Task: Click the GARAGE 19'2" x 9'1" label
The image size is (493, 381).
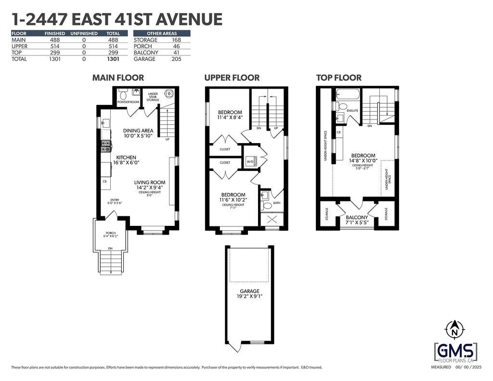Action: point(250,294)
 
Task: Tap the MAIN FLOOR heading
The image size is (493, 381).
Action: point(118,78)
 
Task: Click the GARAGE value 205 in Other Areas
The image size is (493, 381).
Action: point(176,59)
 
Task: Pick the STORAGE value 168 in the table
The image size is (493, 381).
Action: point(176,40)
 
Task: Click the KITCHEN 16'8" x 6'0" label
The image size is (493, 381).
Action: point(125,160)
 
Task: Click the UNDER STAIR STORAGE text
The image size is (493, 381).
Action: point(153,97)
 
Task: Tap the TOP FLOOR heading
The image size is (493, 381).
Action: point(338,78)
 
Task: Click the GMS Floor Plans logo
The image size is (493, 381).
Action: point(455,351)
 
